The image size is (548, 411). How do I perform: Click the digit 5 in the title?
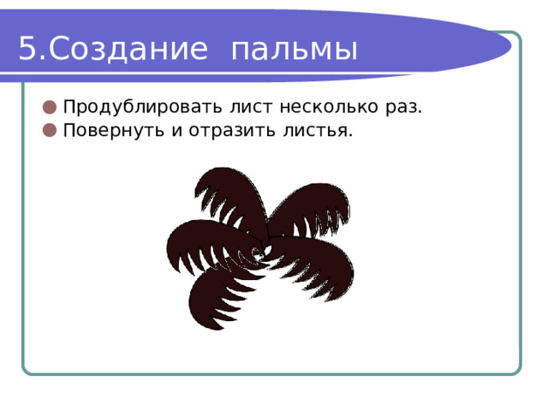tap(27, 48)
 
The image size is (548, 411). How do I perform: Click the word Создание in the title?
tap(128, 49)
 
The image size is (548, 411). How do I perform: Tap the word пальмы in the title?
tap(295, 50)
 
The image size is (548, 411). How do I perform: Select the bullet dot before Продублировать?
tap(50, 107)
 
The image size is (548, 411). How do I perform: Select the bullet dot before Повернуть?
tap(50, 130)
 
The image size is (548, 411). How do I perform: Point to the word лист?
tap(251, 107)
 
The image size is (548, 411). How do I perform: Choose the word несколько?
tap(329, 107)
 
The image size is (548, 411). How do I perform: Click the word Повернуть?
tap(114, 131)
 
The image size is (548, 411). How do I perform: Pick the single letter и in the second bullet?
tap(177, 131)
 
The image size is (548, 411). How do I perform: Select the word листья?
tap(315, 131)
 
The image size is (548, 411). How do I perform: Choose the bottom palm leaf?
tap(213, 294)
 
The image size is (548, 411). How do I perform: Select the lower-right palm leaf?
tap(314, 262)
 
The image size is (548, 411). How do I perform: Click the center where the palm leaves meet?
tap(263, 250)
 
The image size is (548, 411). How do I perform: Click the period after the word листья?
tap(350, 136)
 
